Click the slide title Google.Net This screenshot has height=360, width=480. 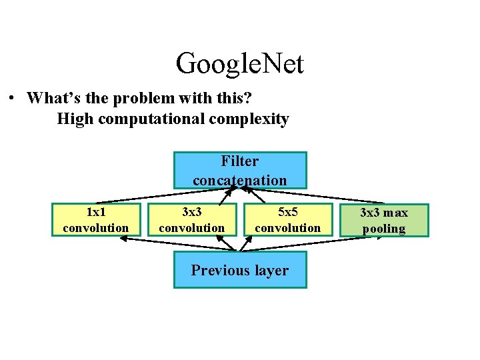pyautogui.click(x=240, y=64)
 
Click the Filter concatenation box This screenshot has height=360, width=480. pyautogui.click(x=240, y=170)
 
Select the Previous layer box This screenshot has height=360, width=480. pyautogui.click(x=240, y=270)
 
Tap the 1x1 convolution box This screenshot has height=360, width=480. pyautogui.click(x=96, y=220)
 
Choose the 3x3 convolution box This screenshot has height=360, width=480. pyautogui.click(x=192, y=220)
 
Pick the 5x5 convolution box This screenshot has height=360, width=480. pyautogui.click(x=288, y=220)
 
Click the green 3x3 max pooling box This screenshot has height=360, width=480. pyautogui.click(x=384, y=221)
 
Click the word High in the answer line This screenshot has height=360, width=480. pyautogui.click(x=74, y=119)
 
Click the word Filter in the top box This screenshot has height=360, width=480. pyautogui.click(x=240, y=161)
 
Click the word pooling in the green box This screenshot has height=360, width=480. pyautogui.click(x=384, y=229)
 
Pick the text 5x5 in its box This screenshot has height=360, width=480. pyautogui.click(x=288, y=212)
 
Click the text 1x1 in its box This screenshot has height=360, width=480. pyautogui.click(x=96, y=212)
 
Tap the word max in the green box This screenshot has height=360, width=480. pyautogui.click(x=397, y=213)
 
